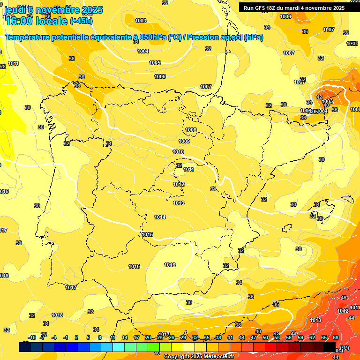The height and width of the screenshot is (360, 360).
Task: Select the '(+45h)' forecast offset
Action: coord(81,21)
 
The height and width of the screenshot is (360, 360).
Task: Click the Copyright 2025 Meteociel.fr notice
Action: coord(199,356)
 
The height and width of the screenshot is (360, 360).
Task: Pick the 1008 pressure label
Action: coord(191,130)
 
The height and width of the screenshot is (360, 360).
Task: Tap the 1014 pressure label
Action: coord(160,217)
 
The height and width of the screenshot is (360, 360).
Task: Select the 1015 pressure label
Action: coord(148,234)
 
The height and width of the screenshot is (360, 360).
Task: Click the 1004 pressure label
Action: coord(143,52)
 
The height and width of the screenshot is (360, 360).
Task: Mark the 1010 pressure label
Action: coord(178,152)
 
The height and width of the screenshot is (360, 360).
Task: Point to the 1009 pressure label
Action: coord(184,141)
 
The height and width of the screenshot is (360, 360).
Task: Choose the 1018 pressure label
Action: coord(57,315)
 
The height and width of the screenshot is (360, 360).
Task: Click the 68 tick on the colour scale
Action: coord(336,337)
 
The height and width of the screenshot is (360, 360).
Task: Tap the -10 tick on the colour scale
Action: coord(32,337)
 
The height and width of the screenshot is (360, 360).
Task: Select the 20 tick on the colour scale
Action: coord(148,337)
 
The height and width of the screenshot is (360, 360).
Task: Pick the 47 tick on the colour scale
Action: coord(254,337)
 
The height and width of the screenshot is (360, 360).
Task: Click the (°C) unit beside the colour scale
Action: coord(345,347)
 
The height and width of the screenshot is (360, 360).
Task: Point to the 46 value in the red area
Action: coord(344,298)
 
